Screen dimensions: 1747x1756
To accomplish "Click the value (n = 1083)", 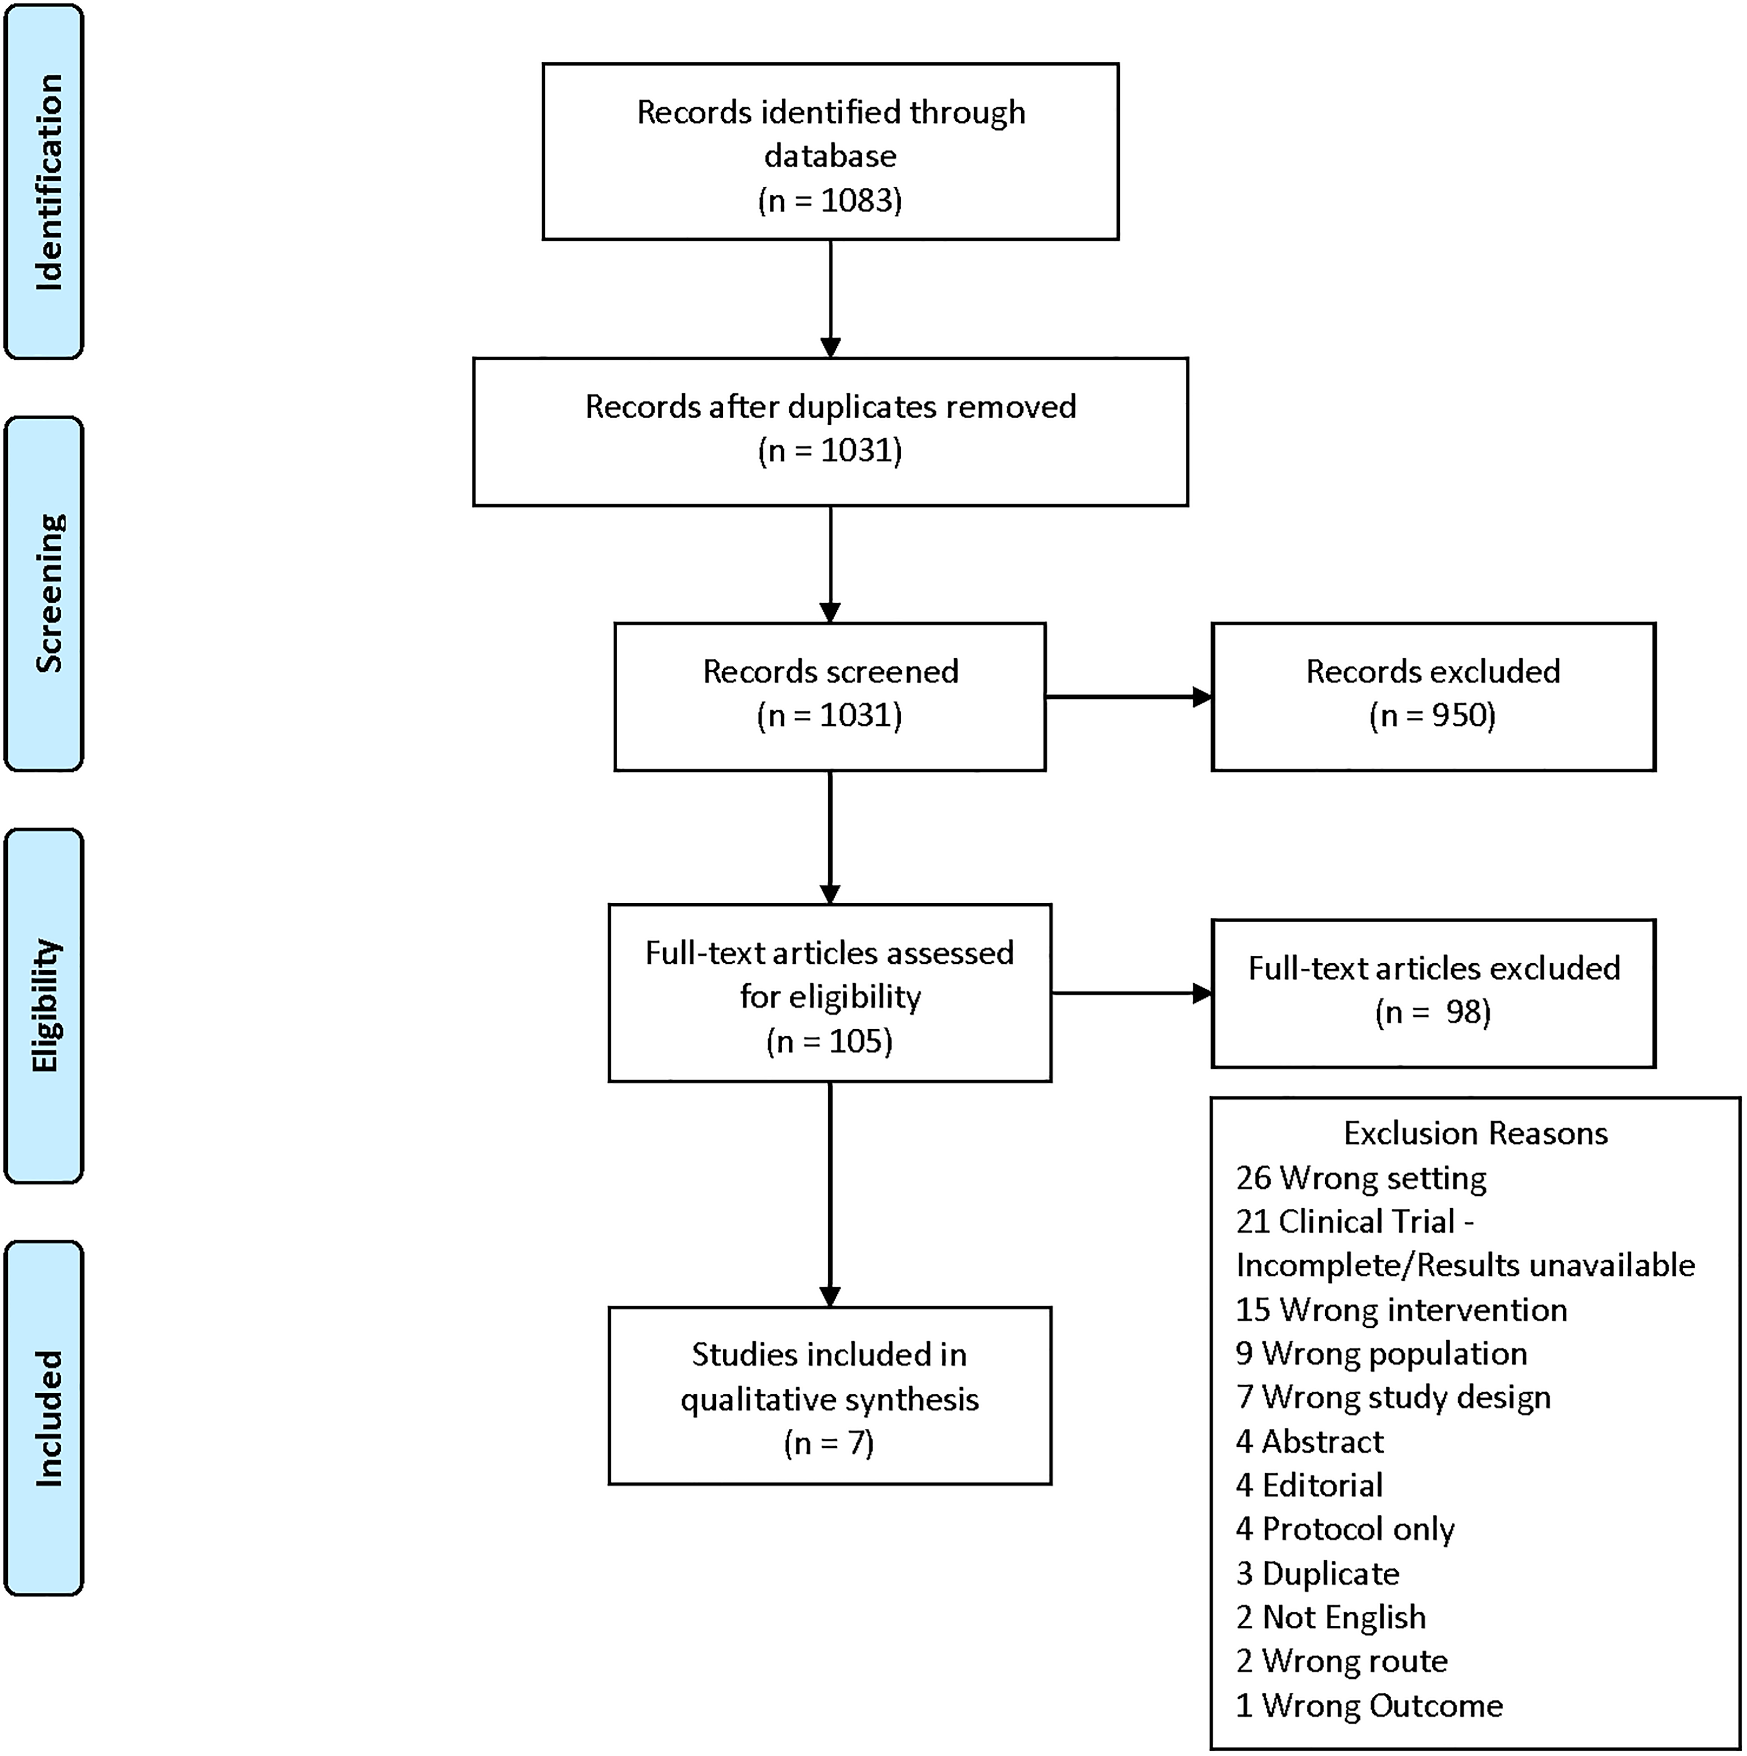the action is pyautogui.click(x=830, y=200).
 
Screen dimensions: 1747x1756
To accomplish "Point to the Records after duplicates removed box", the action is pyautogui.click(x=830, y=432).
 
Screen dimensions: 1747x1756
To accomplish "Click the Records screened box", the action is pyautogui.click(x=830, y=697).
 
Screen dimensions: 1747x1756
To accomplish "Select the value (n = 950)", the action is pyautogui.click(x=1432, y=715).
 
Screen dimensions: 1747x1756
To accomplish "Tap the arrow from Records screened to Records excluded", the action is pyautogui.click(x=1129, y=697).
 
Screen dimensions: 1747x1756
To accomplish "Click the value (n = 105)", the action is pyautogui.click(x=830, y=1041).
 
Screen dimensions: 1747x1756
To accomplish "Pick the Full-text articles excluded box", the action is pyautogui.click(x=1433, y=993).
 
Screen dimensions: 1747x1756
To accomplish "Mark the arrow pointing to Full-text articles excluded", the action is pyautogui.click(x=1131, y=993).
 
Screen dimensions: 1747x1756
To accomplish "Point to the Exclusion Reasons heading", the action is pyautogui.click(x=1475, y=1133).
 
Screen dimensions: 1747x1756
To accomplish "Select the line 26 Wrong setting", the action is pyautogui.click(x=1361, y=1178).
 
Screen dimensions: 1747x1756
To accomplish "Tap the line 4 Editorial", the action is pyautogui.click(x=1309, y=1485).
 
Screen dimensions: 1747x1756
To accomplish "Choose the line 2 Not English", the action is pyautogui.click(x=1330, y=1618).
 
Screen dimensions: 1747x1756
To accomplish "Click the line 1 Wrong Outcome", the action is pyautogui.click(x=1369, y=1706).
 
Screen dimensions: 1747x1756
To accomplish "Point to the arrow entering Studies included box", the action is pyautogui.click(x=830, y=1195).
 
